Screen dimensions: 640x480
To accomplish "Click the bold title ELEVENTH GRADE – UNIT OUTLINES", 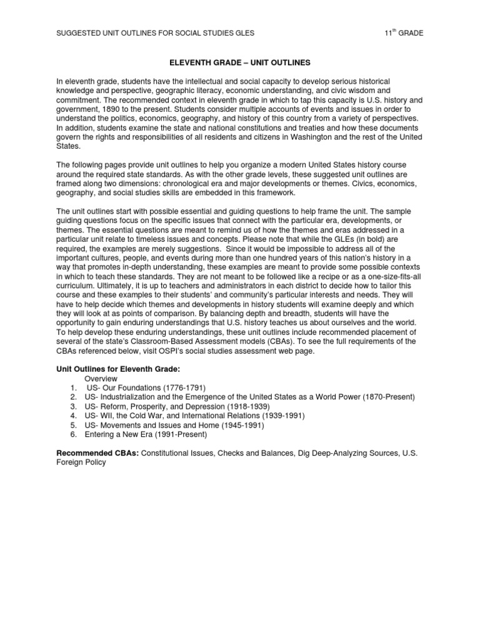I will coord(239,63).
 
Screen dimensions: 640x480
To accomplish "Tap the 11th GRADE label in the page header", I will coord(404,32).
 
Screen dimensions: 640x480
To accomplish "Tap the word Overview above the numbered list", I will coord(101,379).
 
